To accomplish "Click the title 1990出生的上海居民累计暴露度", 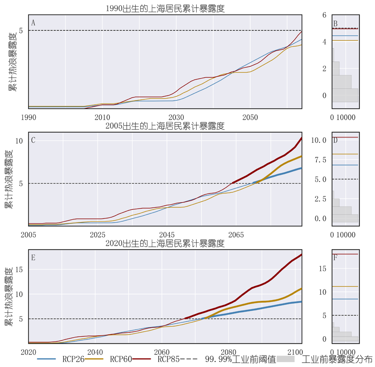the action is pyautogui.click(x=165, y=9).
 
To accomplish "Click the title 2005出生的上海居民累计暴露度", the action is pyautogui.click(x=165, y=126).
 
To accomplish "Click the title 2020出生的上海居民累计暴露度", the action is pyautogui.click(x=165, y=243).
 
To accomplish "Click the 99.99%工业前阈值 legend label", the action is pyautogui.click(x=241, y=359).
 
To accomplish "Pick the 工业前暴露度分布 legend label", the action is pyautogui.click(x=337, y=359).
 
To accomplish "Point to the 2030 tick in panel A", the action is pyautogui.click(x=176, y=118).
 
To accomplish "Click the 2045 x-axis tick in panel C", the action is pyautogui.click(x=167, y=235).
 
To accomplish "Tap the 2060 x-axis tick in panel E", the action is pyautogui.click(x=162, y=352).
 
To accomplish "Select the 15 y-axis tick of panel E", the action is pyautogui.click(x=19, y=270).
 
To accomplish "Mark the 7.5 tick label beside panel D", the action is pyautogui.click(x=321, y=160).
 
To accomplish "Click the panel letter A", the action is pyautogui.click(x=33, y=23).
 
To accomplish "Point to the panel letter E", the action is pyautogui.click(x=33, y=257).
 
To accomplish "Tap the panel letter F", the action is pyautogui.click(x=335, y=257).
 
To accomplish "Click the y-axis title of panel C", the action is pyautogui.click(x=9, y=179).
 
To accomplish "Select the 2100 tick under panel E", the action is pyautogui.click(x=295, y=352).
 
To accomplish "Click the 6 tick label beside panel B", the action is pyautogui.click(x=324, y=15).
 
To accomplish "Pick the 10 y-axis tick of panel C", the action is pyautogui.click(x=19, y=141).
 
